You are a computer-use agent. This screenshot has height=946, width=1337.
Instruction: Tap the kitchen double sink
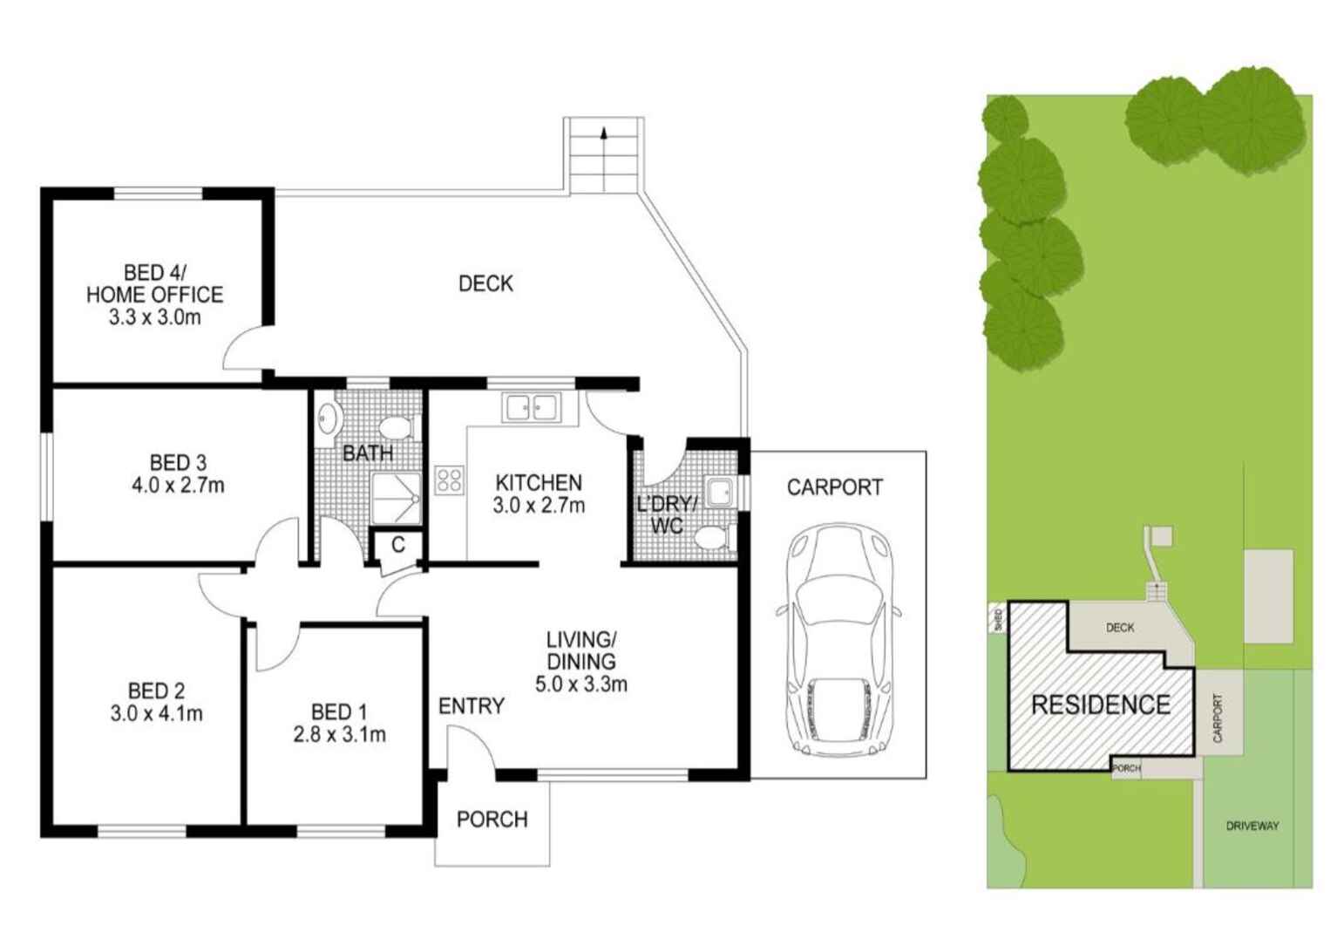pos(532,407)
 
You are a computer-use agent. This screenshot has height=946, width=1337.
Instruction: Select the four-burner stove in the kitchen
pos(450,480)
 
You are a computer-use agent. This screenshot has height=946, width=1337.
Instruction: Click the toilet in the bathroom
pos(396,428)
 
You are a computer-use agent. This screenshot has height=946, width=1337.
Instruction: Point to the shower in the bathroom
pos(397,499)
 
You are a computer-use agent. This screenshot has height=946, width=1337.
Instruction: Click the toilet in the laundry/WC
pos(713,537)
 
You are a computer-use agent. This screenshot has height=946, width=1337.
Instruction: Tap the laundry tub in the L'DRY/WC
pos(721,493)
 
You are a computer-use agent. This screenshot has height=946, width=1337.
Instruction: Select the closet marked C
pos(397,546)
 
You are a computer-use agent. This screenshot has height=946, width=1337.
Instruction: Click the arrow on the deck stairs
pos(603,133)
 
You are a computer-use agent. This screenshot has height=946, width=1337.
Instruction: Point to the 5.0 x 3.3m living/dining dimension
pos(580,684)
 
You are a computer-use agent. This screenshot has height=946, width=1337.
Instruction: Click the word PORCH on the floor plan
pos(492,820)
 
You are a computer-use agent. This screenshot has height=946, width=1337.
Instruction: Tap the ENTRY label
pos(471,706)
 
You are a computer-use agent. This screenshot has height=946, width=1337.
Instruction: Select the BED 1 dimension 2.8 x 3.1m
pos(339,735)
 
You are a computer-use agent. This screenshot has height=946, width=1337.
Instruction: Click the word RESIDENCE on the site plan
pos(1100,704)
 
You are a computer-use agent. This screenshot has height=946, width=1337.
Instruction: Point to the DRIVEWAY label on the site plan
pos(1252,826)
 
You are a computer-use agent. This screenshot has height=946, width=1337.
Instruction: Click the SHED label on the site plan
pos(998,620)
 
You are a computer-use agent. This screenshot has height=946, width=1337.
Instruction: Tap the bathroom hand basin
pos(328,419)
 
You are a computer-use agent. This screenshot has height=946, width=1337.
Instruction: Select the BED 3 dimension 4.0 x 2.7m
pos(178,486)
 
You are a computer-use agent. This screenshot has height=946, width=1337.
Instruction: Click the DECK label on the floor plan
pos(485,283)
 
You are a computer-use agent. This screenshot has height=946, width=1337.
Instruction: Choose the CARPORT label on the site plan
pos(1218,718)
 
